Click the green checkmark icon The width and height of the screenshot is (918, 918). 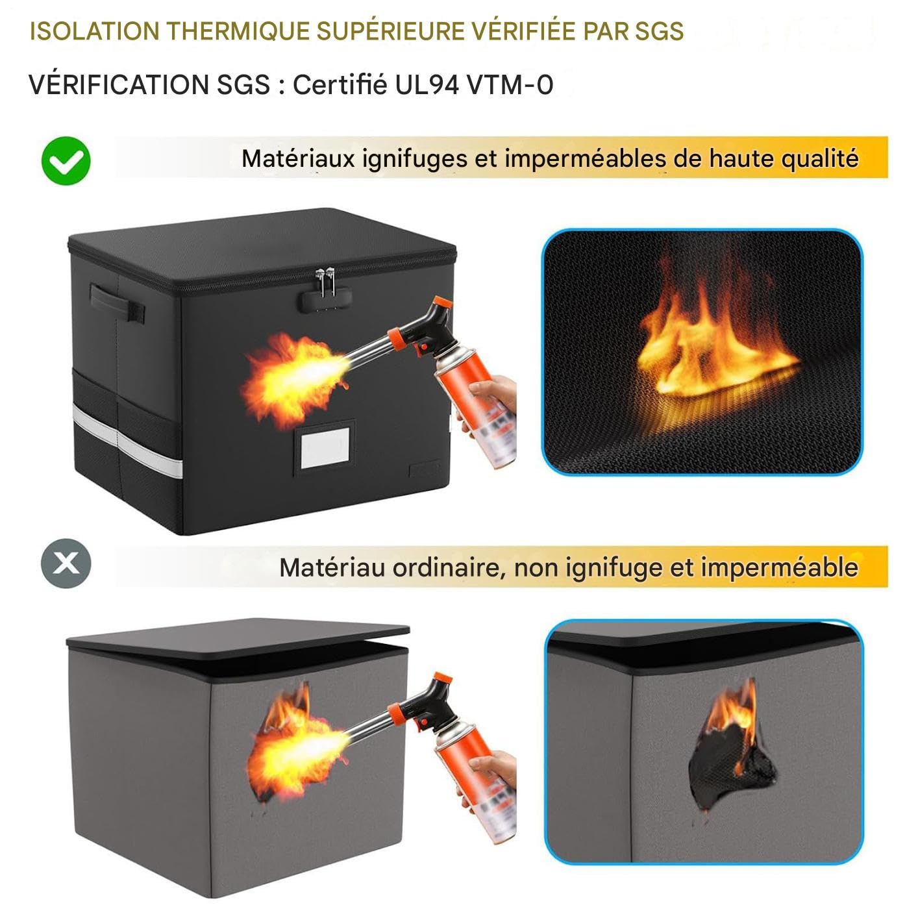click(x=66, y=160)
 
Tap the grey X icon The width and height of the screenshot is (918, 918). click(x=66, y=564)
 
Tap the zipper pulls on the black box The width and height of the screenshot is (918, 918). click(x=325, y=281)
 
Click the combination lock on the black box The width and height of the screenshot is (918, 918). click(x=325, y=300)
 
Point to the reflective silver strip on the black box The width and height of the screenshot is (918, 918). click(x=127, y=440)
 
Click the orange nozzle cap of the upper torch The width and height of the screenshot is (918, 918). click(x=442, y=303)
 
